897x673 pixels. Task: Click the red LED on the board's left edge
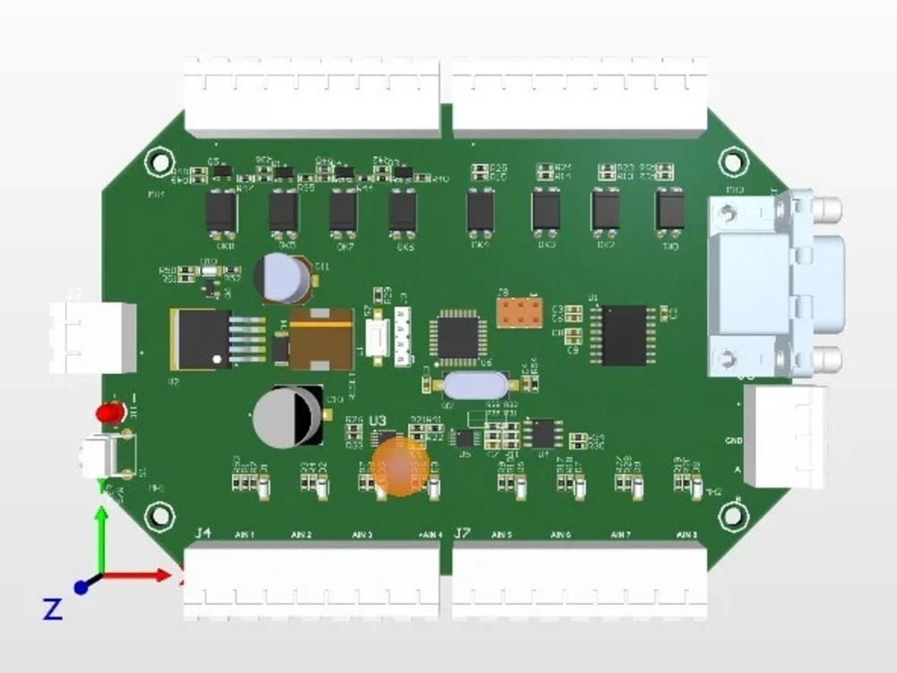(x=111, y=413)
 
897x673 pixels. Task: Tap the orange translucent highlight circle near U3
(x=400, y=466)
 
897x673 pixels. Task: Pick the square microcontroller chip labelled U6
(x=459, y=336)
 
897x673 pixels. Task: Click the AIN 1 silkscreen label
(x=245, y=535)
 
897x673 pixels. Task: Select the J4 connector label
(x=203, y=534)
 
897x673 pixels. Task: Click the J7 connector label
(x=462, y=534)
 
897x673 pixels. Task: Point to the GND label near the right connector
(x=733, y=441)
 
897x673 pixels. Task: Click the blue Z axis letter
(x=53, y=610)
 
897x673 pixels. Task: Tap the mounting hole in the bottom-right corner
(x=734, y=515)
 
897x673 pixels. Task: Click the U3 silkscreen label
(x=378, y=420)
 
